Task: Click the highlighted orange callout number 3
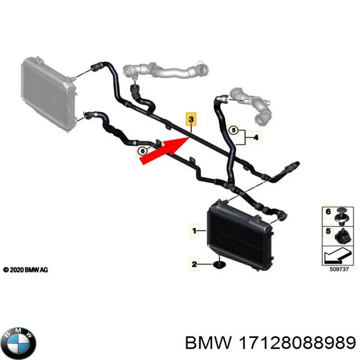[191, 119]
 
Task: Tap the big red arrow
[165, 150]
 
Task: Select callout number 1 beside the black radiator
[194, 230]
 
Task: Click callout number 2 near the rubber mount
[194, 264]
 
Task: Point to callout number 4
[256, 137]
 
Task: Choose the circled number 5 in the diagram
[234, 130]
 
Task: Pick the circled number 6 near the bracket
[143, 151]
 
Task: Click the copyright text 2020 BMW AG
[26, 270]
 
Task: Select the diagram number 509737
[339, 269]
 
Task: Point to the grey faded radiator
[49, 94]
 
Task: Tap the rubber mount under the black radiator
[220, 265]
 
